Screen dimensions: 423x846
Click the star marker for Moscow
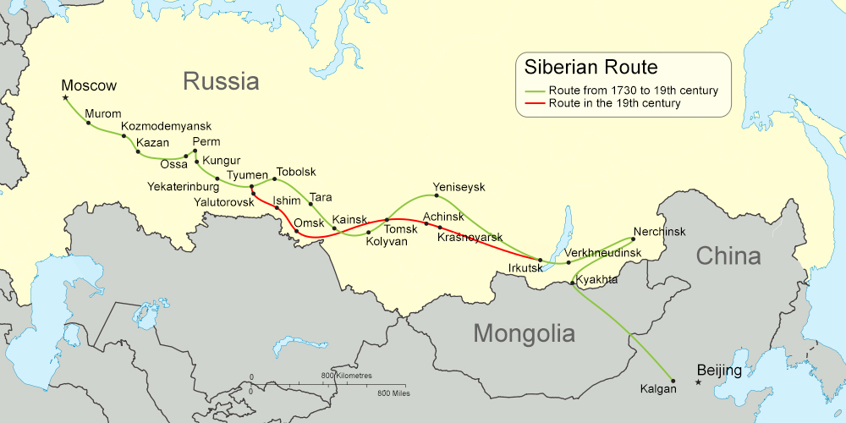pos(66,98)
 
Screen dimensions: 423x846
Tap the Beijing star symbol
pos(698,382)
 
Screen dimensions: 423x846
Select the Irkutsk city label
pos(525,268)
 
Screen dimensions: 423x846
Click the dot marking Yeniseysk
pos(436,196)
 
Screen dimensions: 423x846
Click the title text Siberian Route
pos(591,68)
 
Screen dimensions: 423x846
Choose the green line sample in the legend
pos(535,91)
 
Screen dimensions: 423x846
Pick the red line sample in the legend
pos(535,104)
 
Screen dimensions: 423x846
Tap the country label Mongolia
pos(524,332)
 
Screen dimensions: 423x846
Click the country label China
pos(728,255)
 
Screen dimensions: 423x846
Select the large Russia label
pos(221,81)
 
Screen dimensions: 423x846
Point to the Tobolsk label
pos(296,172)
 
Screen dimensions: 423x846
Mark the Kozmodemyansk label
pos(166,126)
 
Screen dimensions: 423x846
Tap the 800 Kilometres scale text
pos(347,375)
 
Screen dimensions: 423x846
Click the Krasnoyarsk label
pos(470,239)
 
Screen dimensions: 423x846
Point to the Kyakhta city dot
pos(573,283)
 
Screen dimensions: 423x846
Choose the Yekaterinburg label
pos(183,186)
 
